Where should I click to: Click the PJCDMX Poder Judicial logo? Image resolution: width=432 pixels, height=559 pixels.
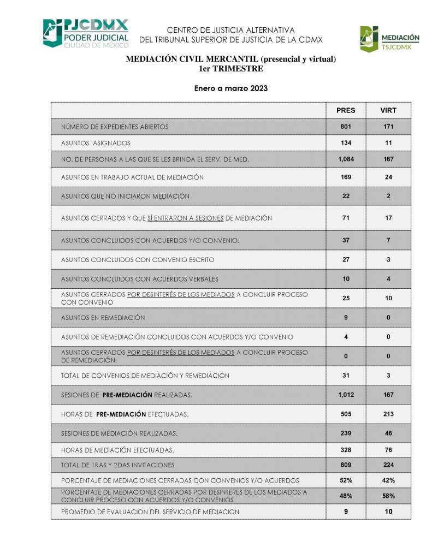[x=86, y=33]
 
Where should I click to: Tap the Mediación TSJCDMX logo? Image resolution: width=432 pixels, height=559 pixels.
[x=389, y=39]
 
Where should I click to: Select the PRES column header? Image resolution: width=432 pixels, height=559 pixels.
[x=346, y=110]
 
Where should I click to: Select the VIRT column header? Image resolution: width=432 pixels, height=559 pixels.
[x=388, y=110]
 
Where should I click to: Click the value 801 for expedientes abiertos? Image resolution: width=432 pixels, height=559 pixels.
[x=346, y=127]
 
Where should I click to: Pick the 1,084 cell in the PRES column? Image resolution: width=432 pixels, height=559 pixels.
[x=346, y=159]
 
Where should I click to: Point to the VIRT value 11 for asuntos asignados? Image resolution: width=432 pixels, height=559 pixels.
[x=388, y=143]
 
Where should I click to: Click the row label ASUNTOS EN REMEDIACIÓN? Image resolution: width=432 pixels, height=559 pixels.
[x=103, y=317]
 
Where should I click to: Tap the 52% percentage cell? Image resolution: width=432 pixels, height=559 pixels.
[x=346, y=480]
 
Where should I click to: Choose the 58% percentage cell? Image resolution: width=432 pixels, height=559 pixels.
[x=388, y=496]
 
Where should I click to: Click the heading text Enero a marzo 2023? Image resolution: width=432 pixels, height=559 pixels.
[x=231, y=88]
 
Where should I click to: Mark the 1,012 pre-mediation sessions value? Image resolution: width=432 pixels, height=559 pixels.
[x=346, y=394]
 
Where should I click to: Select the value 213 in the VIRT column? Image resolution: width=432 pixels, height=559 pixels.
[x=388, y=414]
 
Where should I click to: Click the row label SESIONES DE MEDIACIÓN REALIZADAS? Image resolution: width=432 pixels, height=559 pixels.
[x=119, y=433]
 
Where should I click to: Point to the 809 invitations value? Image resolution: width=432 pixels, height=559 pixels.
[x=346, y=465]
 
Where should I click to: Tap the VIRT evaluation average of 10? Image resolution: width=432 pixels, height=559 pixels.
[x=388, y=512]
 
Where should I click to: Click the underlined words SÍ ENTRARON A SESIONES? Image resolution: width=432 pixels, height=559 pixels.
[x=186, y=218]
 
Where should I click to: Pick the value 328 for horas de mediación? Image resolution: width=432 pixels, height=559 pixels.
[x=346, y=450]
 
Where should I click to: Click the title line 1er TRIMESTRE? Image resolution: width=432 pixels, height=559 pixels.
[x=231, y=69]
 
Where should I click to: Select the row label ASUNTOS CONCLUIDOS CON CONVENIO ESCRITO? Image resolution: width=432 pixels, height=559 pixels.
[x=138, y=260]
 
